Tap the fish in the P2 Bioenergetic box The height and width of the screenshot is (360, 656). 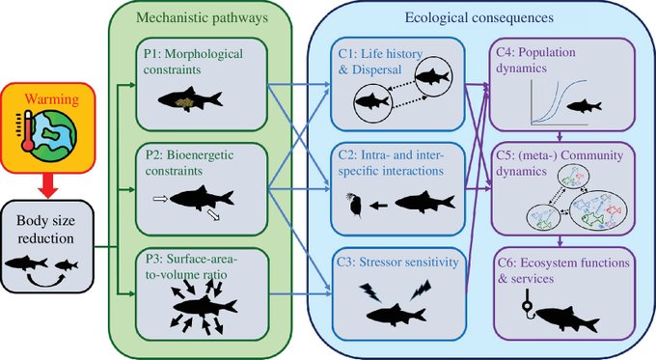click(203, 197)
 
